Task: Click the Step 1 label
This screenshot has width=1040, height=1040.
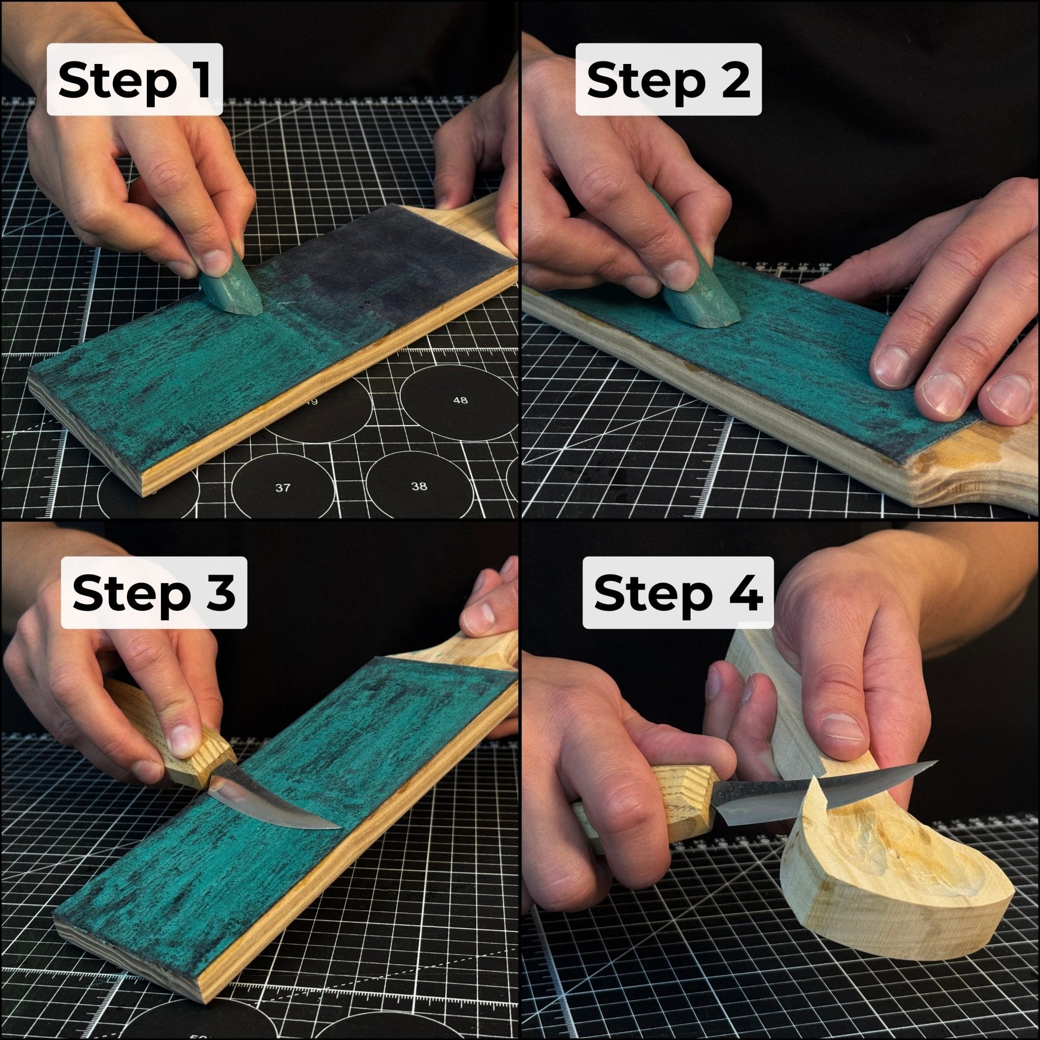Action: [x=135, y=79]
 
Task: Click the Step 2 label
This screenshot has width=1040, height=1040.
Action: [x=668, y=79]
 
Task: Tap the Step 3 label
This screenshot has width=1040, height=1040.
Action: [x=153, y=593]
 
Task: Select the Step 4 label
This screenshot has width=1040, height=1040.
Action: [x=678, y=593]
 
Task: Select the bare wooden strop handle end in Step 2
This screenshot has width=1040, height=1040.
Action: [x=969, y=474]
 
